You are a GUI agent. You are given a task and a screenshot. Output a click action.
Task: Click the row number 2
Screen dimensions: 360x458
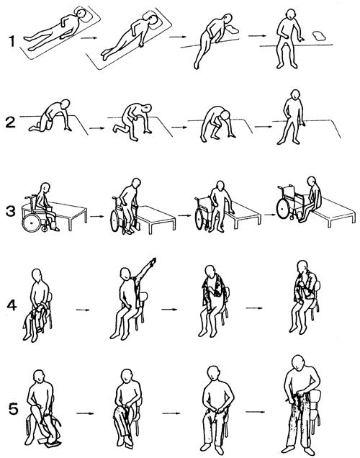click(10, 122)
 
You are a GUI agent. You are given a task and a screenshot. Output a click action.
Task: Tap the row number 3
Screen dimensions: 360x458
click(11, 211)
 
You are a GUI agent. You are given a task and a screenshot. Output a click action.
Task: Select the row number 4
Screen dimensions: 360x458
click(12, 305)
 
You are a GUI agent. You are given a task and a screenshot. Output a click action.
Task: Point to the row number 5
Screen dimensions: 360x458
click(14, 408)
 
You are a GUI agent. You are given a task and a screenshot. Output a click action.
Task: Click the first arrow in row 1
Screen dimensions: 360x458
click(89, 37)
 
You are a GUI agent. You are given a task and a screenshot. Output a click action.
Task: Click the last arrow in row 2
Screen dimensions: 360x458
click(263, 127)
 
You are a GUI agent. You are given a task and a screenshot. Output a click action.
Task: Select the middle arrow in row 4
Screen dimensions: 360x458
click(169, 309)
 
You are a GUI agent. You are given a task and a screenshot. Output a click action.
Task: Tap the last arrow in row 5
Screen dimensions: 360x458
click(255, 412)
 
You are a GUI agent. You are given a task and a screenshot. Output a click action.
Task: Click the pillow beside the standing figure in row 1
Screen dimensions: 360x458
click(319, 35)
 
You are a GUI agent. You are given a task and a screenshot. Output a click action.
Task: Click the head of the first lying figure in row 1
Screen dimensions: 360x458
click(81, 14)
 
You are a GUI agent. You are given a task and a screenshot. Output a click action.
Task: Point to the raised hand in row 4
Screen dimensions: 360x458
click(153, 261)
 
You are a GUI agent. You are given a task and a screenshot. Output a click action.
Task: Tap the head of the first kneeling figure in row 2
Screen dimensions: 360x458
click(66, 104)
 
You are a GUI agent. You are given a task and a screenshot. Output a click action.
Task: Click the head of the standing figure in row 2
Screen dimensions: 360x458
click(295, 94)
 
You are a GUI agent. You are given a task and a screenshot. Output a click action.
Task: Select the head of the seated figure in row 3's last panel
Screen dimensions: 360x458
click(311, 181)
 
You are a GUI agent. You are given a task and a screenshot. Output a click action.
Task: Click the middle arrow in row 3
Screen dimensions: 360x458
click(186, 215)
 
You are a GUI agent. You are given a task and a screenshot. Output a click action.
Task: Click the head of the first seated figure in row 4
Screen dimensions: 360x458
click(37, 275)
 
